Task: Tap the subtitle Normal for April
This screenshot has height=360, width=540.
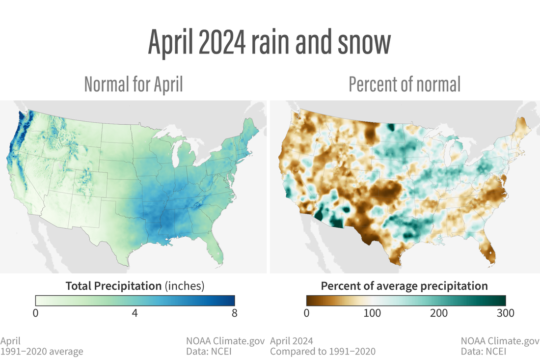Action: (134, 84)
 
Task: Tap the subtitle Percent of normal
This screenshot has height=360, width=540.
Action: (405, 84)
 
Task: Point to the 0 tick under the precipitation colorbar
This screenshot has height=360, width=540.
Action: (35, 314)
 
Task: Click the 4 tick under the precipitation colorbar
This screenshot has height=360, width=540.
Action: (135, 314)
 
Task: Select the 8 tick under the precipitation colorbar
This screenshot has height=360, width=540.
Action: (235, 314)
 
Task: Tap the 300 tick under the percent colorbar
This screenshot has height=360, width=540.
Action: (505, 314)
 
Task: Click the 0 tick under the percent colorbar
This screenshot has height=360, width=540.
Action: (306, 314)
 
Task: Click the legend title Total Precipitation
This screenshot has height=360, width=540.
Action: (113, 286)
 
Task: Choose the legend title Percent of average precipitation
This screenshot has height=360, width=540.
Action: (405, 286)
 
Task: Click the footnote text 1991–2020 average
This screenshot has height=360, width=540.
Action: (42, 351)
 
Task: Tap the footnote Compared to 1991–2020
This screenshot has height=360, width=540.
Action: (323, 351)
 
